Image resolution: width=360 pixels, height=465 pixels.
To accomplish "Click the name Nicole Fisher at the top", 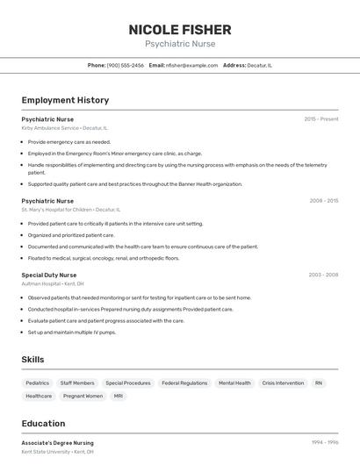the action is pyautogui.click(x=180, y=29).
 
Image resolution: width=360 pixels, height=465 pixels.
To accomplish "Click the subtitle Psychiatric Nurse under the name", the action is pyautogui.click(x=180, y=44).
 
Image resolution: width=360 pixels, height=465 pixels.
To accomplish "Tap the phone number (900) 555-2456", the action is pyautogui.click(x=125, y=65).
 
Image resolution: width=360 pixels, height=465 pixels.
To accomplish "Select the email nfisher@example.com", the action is pyautogui.click(x=191, y=65).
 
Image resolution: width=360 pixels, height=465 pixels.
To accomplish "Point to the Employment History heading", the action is pyautogui.click(x=65, y=100).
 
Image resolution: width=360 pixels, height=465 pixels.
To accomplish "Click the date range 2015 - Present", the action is pyautogui.click(x=321, y=118).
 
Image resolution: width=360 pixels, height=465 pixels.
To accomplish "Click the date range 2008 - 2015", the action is pyautogui.click(x=323, y=200).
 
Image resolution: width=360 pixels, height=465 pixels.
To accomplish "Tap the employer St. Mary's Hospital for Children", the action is pyautogui.click(x=70, y=210).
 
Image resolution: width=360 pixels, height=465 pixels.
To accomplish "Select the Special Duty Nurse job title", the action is pyautogui.click(x=48, y=275).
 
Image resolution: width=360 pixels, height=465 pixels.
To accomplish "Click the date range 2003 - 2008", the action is pyautogui.click(x=323, y=275).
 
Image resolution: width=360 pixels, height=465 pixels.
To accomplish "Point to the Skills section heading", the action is pyautogui.click(x=33, y=360).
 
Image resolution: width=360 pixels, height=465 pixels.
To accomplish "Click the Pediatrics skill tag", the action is pyautogui.click(x=38, y=383).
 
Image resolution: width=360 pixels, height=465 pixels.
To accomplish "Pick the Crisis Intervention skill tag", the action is pyautogui.click(x=283, y=383).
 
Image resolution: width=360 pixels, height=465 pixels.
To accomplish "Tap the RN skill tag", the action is pyautogui.click(x=319, y=383).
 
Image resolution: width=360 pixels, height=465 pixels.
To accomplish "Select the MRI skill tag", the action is pyautogui.click(x=119, y=397).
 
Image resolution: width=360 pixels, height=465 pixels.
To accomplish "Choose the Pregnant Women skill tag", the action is pyautogui.click(x=83, y=397).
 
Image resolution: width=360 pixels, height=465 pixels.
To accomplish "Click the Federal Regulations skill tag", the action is pyautogui.click(x=184, y=383).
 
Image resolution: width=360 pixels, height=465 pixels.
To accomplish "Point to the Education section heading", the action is pyautogui.click(x=43, y=423).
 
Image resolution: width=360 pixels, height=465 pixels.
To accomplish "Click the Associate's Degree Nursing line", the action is pyautogui.click(x=58, y=443).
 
